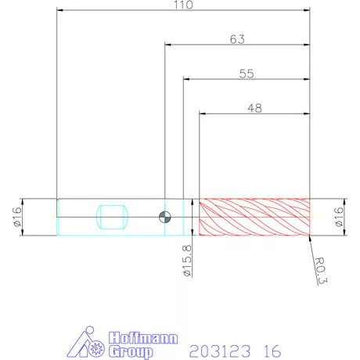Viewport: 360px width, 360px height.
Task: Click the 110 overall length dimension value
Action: (x=183, y=5)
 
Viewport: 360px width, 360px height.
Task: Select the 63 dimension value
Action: (x=237, y=39)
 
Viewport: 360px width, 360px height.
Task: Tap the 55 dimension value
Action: (x=247, y=74)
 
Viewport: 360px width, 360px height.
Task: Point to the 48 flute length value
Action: (x=254, y=108)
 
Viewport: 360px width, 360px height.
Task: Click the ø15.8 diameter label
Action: (x=187, y=261)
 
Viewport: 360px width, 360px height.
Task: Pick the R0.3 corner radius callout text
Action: (x=320, y=271)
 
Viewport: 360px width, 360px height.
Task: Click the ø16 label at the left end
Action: (x=16, y=217)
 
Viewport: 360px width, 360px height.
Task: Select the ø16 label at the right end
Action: (x=338, y=217)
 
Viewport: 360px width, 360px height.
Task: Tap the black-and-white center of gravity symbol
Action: (x=165, y=217)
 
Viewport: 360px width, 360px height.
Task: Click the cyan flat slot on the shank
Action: (x=112, y=217)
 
